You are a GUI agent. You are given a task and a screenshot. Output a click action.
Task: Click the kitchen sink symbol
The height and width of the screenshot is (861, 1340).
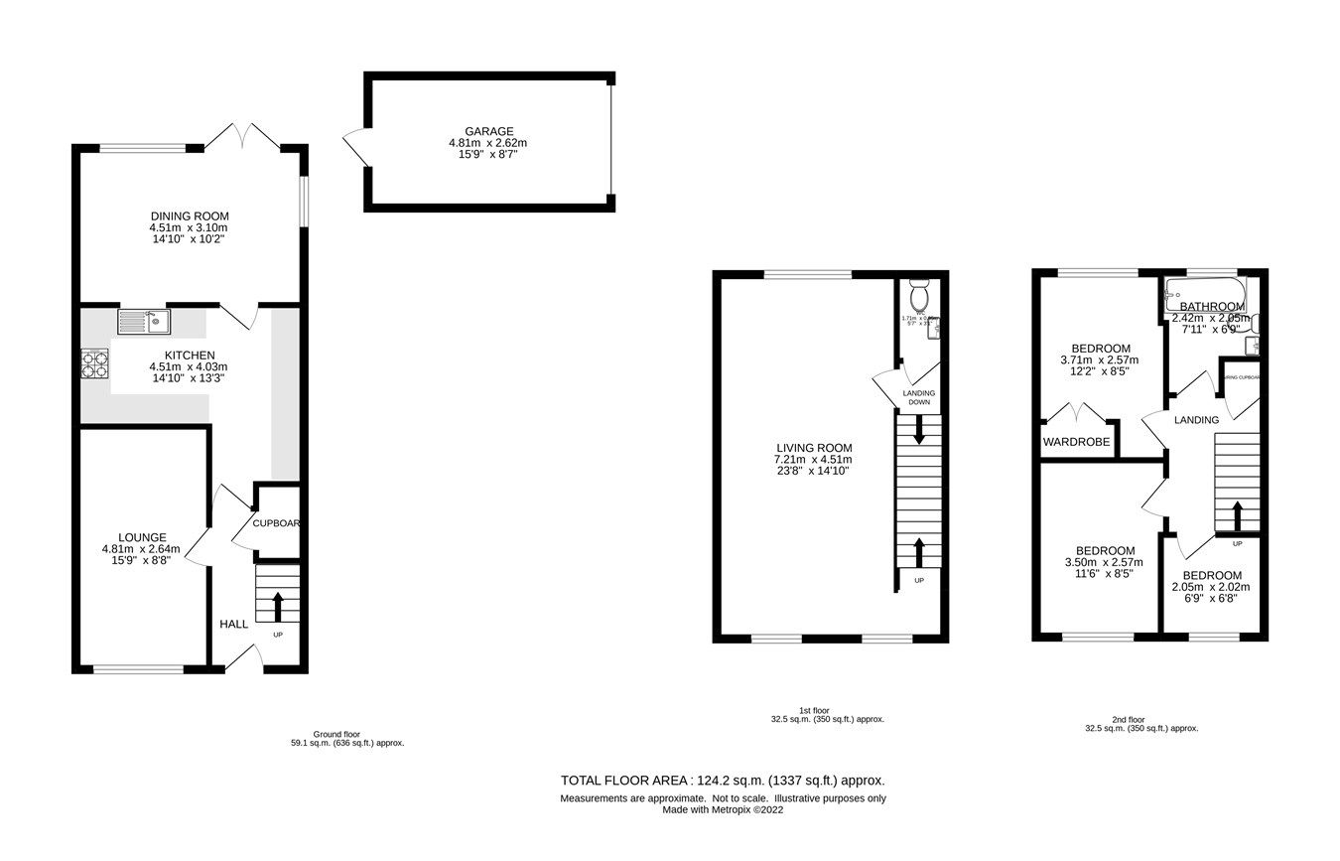pos(144,320)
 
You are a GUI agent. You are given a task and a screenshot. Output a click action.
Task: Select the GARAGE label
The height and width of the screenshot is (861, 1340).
pos(488,131)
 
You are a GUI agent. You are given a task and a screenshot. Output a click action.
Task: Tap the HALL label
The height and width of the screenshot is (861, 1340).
pos(233,624)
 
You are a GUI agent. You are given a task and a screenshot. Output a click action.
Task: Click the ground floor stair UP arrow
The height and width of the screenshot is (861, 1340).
pos(277,604)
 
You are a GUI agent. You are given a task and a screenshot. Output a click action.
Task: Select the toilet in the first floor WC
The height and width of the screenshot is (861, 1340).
pos(919,295)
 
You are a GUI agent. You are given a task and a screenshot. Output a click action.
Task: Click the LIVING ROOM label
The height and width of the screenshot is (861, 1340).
pos(813,447)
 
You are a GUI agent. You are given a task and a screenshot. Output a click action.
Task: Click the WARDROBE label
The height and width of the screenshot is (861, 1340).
pos(1077,442)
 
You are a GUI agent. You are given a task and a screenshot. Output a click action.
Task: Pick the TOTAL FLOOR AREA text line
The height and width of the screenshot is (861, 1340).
pos(723,781)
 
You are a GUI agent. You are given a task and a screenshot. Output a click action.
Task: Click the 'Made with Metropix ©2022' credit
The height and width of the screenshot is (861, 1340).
pos(723,809)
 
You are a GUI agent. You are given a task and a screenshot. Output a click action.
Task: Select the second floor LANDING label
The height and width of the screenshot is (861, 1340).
pos(1196,420)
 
